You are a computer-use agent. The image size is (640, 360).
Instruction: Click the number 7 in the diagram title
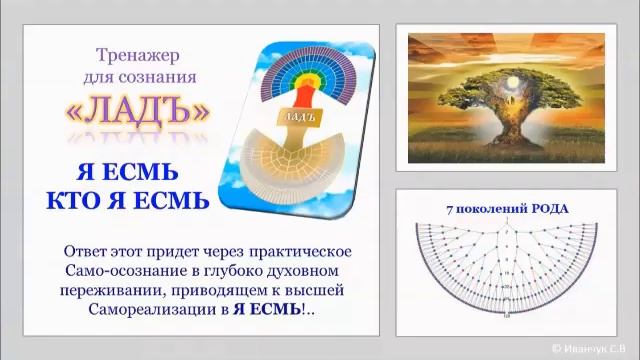(449, 208)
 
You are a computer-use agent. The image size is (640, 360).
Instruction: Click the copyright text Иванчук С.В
(598, 348)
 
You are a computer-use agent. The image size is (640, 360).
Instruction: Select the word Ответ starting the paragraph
(87, 250)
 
